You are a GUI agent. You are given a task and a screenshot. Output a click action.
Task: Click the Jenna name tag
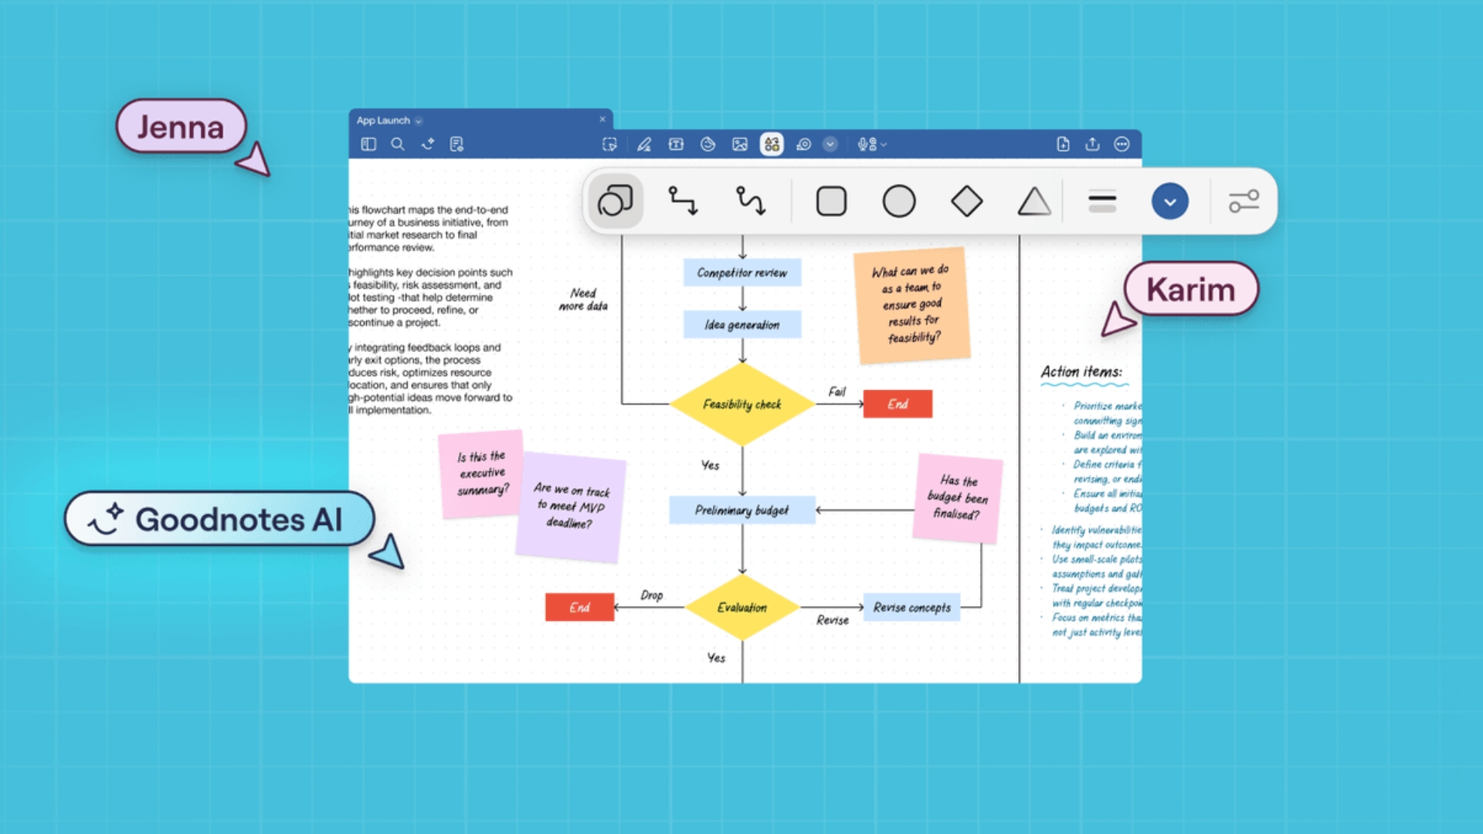coord(181,127)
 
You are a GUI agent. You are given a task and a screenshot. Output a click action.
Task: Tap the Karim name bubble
coord(1190,290)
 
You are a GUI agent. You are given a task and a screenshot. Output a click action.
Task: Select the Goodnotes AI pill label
coord(220,519)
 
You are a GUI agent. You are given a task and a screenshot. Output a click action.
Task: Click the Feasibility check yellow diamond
coord(741,404)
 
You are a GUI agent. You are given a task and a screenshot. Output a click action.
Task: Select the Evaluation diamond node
coord(741,608)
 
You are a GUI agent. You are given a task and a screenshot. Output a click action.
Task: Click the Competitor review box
coord(741,273)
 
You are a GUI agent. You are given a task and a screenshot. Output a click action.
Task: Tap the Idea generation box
coord(741,325)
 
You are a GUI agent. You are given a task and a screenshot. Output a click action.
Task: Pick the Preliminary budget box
coord(741,510)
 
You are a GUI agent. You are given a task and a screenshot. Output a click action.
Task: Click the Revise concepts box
coord(911,608)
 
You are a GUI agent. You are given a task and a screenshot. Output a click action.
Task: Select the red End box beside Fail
coord(898,404)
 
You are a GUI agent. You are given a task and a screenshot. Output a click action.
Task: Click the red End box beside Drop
coord(579,608)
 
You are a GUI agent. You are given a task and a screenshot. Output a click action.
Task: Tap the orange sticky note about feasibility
coord(911,305)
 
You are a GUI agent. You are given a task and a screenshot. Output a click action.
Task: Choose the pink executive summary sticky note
coord(480,473)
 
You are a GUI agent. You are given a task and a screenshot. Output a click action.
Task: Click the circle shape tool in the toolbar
coord(899,202)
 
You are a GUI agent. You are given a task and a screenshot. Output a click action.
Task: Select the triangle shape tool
coord(1033,202)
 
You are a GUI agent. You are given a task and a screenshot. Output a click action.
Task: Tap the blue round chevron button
coord(1169,202)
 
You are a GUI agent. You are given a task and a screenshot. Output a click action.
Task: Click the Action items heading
coord(1081,372)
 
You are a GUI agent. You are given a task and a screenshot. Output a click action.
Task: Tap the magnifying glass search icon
coord(398,144)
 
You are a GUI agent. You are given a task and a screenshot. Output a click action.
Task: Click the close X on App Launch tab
coord(602,120)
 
